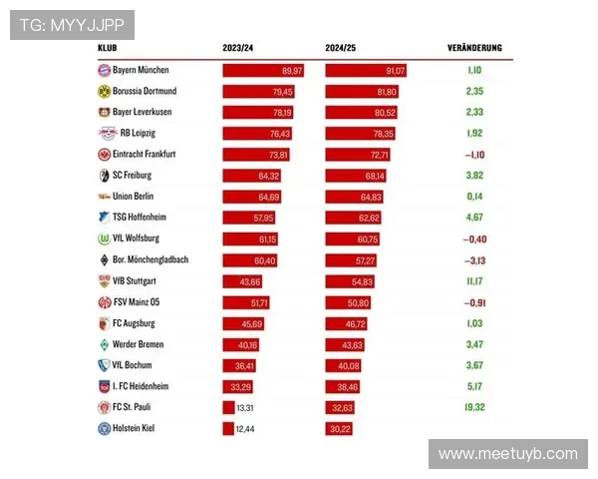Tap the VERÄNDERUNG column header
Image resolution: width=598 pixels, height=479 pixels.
474,48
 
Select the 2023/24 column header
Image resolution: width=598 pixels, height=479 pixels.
238,48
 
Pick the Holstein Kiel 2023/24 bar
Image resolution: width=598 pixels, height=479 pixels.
228,428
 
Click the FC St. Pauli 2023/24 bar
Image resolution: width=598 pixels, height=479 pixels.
228,407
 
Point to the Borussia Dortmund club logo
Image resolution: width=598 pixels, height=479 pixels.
104,91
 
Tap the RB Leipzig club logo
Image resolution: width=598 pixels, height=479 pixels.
104,134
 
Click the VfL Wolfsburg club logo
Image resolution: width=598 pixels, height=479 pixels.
104,239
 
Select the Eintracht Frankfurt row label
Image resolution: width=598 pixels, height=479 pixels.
144,154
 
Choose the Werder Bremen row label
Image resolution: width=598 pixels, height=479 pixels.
138,344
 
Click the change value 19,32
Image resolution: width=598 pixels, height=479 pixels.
474,407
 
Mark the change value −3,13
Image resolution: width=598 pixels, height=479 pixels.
474,259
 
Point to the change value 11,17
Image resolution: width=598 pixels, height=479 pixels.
474,281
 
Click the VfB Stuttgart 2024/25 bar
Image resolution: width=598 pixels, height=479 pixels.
350,281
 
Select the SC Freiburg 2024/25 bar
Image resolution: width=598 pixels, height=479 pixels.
357,176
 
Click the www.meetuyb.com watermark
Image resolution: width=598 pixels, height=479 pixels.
507,454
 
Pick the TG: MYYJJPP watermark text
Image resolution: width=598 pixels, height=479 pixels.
72,25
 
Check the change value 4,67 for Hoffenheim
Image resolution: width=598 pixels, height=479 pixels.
474,218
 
